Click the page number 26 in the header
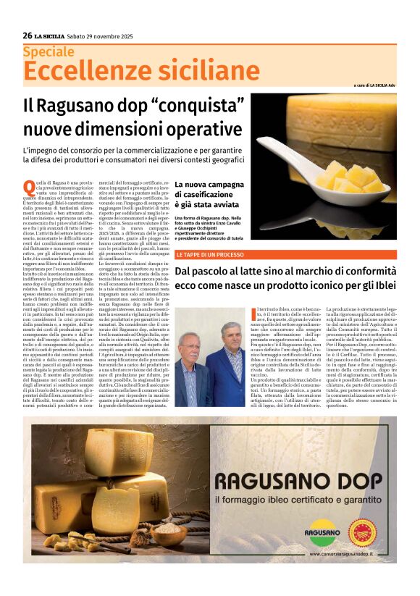(x=28, y=35)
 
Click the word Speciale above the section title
(x=49, y=52)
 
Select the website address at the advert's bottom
(x=351, y=554)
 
